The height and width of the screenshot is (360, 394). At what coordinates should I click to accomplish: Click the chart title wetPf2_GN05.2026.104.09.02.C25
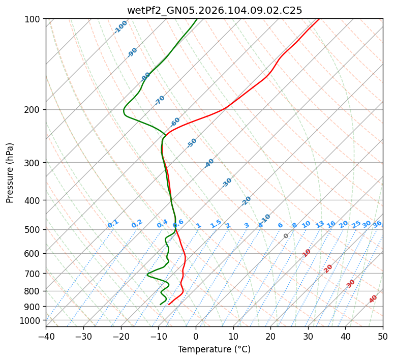[x=215, y=10]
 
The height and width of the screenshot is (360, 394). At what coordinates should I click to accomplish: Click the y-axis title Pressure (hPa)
[x=10, y=172]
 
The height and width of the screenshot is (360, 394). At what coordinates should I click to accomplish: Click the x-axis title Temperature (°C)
[x=214, y=349]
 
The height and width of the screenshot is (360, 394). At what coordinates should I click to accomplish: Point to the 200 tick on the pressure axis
[x=34, y=109]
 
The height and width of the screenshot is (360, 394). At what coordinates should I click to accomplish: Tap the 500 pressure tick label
[x=34, y=229]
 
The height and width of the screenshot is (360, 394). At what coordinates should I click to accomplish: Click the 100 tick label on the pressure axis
[x=34, y=19]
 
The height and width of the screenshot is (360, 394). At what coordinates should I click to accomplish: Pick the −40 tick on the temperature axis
[x=46, y=336]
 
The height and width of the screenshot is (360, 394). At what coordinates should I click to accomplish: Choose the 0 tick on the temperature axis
[x=196, y=336]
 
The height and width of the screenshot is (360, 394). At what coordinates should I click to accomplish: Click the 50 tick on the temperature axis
[x=383, y=336]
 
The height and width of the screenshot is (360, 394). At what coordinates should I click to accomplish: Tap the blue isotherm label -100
[x=120, y=27]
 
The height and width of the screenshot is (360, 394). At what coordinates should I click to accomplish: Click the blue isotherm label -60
[x=175, y=122]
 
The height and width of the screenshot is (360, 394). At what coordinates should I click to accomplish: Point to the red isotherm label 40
[x=373, y=299]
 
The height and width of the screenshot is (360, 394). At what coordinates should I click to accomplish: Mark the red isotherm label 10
[x=307, y=253]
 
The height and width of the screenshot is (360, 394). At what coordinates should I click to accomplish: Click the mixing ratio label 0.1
[x=113, y=224]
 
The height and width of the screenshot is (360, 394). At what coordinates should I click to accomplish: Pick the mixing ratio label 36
[x=377, y=224]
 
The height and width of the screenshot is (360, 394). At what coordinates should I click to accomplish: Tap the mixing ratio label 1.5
[x=216, y=223]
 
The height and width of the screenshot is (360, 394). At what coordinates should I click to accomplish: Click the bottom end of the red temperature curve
[x=168, y=304]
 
